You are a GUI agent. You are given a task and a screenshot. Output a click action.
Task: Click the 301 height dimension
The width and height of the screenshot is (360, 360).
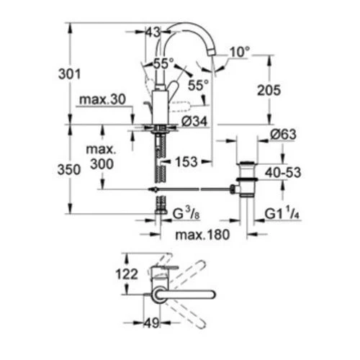(x=70, y=74)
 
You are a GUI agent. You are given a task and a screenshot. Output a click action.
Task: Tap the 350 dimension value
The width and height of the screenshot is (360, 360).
(x=69, y=170)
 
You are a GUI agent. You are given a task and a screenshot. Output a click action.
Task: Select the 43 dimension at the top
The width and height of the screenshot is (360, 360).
(x=153, y=32)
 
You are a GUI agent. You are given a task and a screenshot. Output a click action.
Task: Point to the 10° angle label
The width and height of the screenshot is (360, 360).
(x=240, y=52)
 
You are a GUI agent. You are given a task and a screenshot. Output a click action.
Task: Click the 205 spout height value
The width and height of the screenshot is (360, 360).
(x=269, y=91)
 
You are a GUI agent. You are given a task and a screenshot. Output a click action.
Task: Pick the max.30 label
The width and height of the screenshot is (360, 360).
(x=102, y=99)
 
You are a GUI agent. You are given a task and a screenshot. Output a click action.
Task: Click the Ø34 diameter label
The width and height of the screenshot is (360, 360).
(x=194, y=121)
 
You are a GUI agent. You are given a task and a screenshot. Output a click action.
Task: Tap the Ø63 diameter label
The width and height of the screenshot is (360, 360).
(x=283, y=135)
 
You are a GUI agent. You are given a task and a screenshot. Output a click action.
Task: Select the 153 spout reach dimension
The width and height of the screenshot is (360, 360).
(x=186, y=162)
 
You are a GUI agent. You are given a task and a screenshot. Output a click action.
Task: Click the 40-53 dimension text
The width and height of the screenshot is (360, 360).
(x=283, y=173)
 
